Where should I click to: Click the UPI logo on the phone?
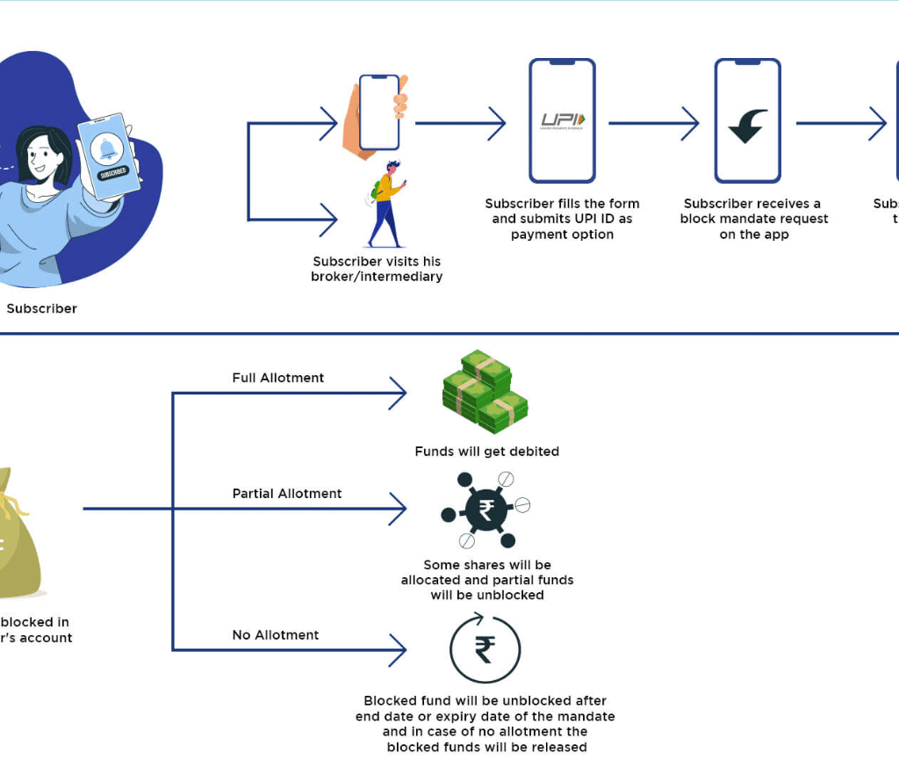click(563, 120)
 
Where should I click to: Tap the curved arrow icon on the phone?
click(748, 125)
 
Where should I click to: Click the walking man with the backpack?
click(385, 204)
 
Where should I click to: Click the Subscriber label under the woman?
click(41, 308)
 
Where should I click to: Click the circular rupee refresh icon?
click(485, 651)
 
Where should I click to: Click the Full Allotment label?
click(278, 378)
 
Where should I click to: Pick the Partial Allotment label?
click(287, 494)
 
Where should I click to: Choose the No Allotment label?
click(276, 635)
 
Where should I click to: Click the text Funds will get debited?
click(486, 452)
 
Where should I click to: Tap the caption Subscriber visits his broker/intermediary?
click(377, 269)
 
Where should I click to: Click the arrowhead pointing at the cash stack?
click(399, 393)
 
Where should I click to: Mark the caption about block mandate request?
click(753, 219)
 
